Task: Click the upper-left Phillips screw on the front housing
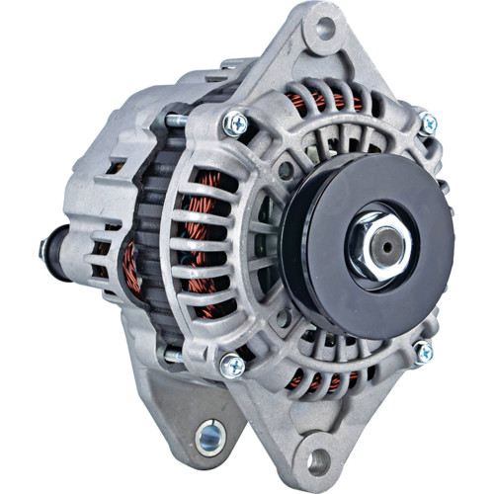coord(236,123)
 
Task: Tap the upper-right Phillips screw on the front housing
coord(427,123)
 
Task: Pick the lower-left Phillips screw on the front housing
coord(233,366)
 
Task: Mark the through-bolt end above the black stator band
coord(177,120)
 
